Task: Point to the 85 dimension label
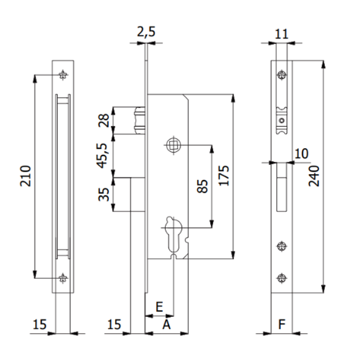click(x=202, y=187)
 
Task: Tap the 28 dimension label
click(x=103, y=121)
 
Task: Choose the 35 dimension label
click(x=103, y=194)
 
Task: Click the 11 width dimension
click(x=280, y=35)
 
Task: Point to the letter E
click(x=158, y=306)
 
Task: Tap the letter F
click(x=280, y=325)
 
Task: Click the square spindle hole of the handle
click(x=172, y=144)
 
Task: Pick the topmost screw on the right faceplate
click(x=280, y=75)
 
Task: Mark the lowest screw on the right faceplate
click(x=280, y=277)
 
